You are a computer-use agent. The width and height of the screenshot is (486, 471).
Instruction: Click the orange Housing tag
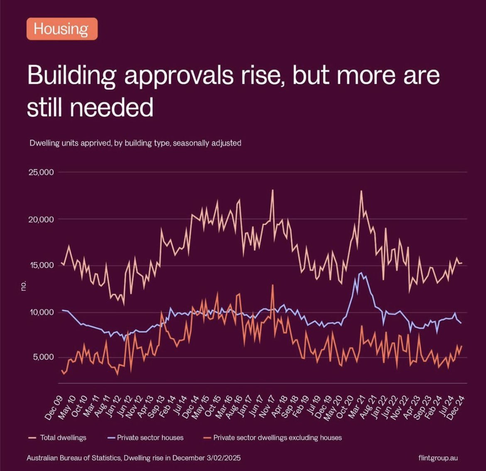click(62, 29)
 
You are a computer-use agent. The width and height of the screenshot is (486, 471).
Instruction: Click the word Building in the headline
click(71, 76)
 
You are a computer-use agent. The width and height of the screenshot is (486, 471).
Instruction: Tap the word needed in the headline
click(112, 107)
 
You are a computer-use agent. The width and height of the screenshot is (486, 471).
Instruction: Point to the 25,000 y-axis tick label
click(41, 172)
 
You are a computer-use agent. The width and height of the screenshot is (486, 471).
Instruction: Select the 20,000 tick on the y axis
click(41, 219)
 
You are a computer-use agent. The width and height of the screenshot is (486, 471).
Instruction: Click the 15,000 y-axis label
click(41, 265)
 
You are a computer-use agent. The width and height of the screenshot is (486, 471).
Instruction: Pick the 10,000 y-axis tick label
click(41, 312)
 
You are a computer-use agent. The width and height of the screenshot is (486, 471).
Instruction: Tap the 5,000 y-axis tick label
click(43, 357)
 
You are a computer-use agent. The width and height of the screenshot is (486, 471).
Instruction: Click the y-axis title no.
click(24, 286)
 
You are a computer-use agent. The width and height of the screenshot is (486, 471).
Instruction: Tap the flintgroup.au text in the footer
click(438, 458)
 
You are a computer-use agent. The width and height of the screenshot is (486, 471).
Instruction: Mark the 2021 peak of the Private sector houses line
click(361, 273)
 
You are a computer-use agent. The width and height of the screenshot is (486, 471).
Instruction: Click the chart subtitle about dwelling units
click(135, 143)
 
